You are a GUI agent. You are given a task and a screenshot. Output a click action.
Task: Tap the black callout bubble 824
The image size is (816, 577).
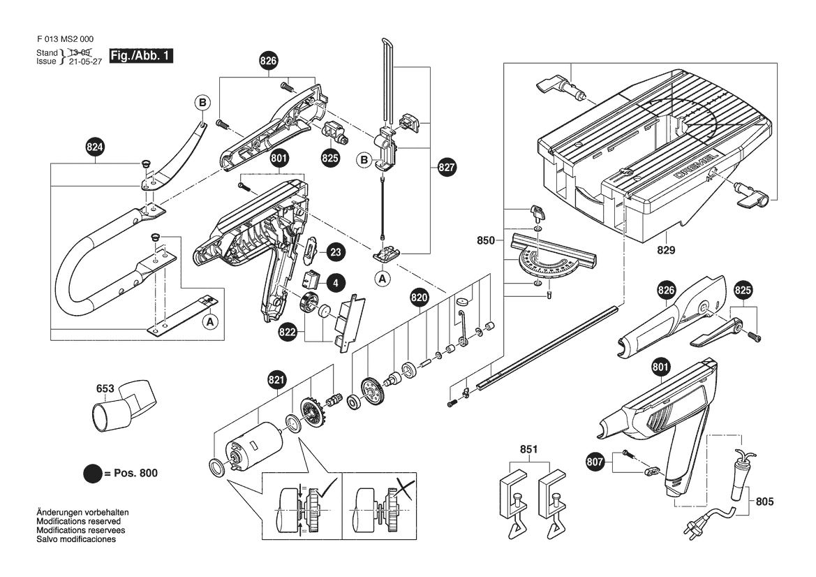(95, 147)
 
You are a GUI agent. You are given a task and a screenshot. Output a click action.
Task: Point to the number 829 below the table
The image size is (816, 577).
(667, 249)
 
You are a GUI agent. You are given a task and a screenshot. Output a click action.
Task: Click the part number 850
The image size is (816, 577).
(485, 241)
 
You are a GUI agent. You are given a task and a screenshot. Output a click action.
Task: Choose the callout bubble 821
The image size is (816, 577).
(276, 380)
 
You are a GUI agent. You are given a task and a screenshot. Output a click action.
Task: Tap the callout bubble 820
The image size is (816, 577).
(419, 298)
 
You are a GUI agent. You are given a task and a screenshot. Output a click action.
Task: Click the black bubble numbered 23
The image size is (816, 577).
(335, 252)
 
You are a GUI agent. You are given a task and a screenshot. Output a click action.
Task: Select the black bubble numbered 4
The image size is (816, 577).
(336, 283)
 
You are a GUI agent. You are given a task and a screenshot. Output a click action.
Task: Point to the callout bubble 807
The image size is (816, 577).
(595, 461)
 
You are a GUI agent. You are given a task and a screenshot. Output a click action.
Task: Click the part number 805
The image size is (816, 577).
(765, 501)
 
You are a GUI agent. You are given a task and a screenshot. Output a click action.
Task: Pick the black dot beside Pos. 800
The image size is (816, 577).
(92, 474)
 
